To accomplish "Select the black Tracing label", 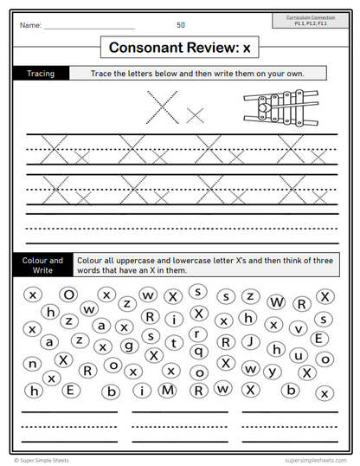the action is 40,74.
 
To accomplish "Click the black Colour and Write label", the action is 42,264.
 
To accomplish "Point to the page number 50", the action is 180,25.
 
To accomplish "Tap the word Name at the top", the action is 30,25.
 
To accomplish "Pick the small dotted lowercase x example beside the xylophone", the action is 196,113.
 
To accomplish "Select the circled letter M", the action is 167,390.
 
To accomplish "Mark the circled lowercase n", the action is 33,364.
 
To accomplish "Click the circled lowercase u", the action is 299,354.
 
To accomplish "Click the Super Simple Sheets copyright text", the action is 46,460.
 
